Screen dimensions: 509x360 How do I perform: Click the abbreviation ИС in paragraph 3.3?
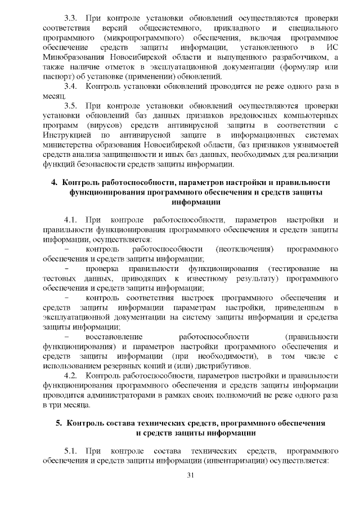[332, 47]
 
